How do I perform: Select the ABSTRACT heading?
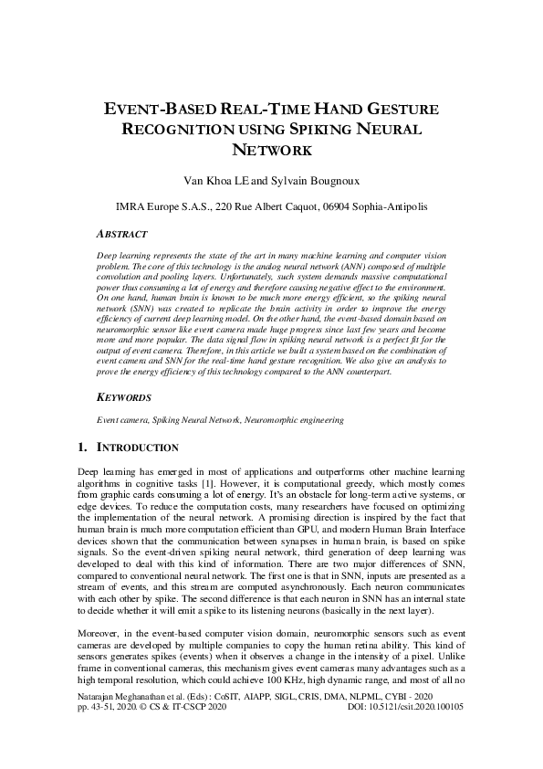coord(126,233)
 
